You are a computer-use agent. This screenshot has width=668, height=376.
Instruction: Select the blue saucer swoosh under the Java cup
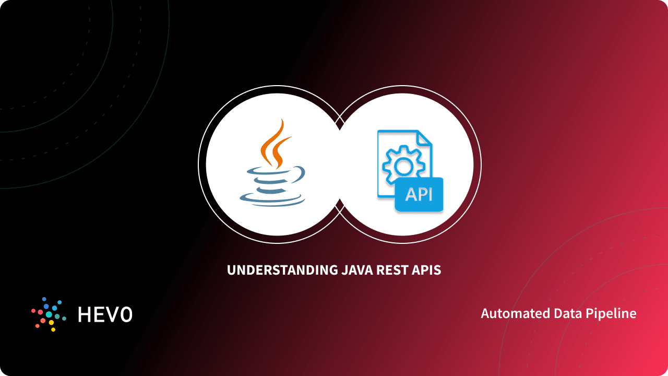(x=271, y=198)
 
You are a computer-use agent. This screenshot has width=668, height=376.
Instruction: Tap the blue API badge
(x=419, y=194)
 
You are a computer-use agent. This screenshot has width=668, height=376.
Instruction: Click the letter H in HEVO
(x=85, y=314)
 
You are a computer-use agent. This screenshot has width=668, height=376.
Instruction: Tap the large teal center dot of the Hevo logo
(x=49, y=314)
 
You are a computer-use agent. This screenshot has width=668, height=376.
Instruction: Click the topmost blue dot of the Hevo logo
(x=45, y=300)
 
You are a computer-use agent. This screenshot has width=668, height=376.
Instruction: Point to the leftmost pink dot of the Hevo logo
(x=33, y=311)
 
